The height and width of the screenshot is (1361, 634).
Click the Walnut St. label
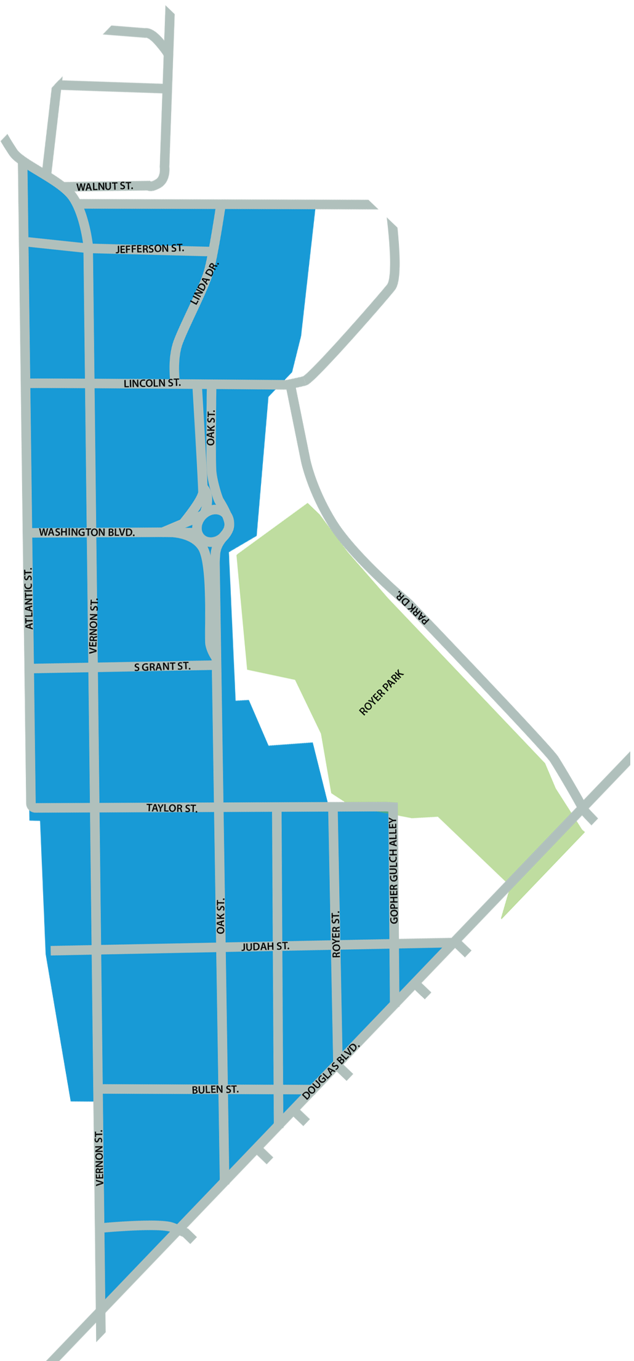click(104, 186)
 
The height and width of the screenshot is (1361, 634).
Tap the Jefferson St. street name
click(150, 249)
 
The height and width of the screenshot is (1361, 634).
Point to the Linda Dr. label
click(205, 283)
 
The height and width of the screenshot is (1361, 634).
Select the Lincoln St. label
click(152, 383)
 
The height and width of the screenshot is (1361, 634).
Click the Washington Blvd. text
click(87, 532)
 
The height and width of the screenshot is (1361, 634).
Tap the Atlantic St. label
click(28, 599)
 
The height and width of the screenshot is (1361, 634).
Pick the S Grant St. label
click(163, 666)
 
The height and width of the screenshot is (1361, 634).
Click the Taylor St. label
click(172, 808)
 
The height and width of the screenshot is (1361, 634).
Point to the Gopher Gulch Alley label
click(394, 870)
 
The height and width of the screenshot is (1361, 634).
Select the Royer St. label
click(336, 934)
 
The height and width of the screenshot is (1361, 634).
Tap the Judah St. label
click(265, 946)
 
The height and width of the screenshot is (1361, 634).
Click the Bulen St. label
click(215, 1090)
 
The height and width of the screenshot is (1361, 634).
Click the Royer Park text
click(382, 693)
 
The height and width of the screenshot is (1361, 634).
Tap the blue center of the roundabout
click(213, 526)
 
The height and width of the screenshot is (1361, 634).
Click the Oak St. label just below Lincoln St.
click(211, 428)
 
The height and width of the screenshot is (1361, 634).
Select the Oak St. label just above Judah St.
click(221, 915)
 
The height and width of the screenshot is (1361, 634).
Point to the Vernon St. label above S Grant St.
click(94, 625)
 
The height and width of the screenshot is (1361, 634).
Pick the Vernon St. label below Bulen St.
click(99, 1157)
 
